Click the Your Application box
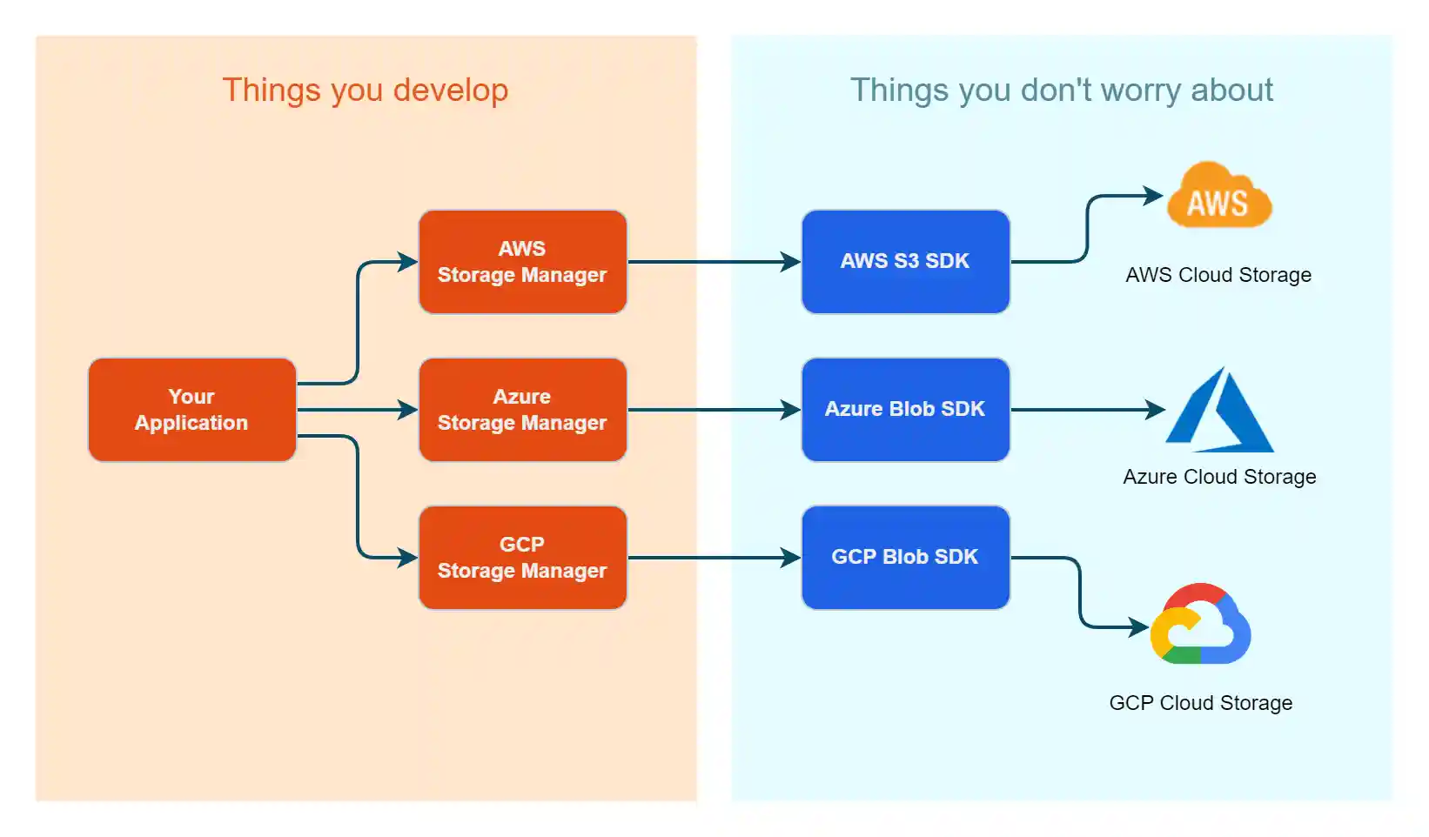coord(191,410)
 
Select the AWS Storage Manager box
coord(522,262)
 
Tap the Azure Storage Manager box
coord(522,410)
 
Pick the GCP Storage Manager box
coord(522,558)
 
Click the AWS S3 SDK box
coord(905,262)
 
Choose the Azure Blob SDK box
coord(905,410)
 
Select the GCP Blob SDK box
coord(905,558)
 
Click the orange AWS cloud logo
coord(1218,197)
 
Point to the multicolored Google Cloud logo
coord(1201,625)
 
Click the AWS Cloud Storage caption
coord(1218,275)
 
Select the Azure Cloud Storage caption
coord(1219,477)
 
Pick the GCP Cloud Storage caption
coord(1200,703)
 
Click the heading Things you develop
coord(366,90)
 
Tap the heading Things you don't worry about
coord(1062,90)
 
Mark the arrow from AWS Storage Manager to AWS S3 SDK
coord(714,262)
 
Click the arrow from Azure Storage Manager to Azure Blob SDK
coord(714,410)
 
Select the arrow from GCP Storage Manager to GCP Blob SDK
coord(714,558)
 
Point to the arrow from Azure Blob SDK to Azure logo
coord(1088,410)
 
